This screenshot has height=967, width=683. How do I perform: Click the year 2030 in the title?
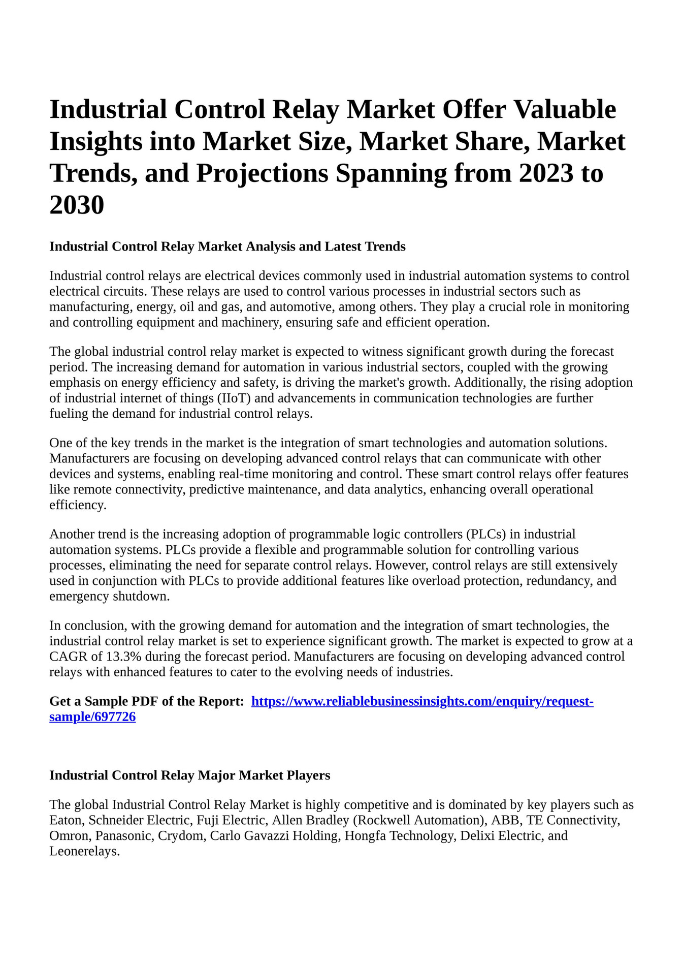point(77,205)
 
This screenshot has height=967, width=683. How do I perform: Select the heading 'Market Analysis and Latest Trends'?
point(227,246)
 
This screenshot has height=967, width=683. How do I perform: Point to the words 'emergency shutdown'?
point(109,596)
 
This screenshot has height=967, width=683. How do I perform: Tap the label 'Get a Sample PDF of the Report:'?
point(147,701)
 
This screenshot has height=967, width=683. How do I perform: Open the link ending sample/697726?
point(92,717)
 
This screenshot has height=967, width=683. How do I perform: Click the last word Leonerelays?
point(84,851)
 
